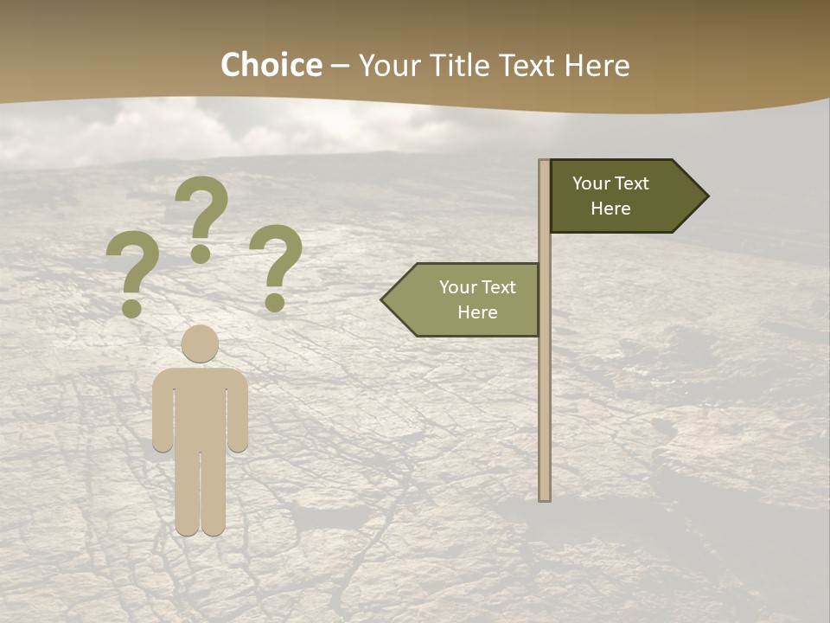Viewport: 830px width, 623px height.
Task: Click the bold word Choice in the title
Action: (x=271, y=66)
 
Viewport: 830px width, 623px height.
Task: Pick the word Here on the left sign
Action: (x=477, y=312)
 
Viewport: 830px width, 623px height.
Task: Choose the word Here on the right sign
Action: (x=610, y=209)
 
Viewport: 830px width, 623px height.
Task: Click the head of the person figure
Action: (x=200, y=344)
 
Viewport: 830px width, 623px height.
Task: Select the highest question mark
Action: (x=201, y=216)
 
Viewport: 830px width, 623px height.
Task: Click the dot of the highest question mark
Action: (x=201, y=254)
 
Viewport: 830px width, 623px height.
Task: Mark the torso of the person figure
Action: (x=200, y=407)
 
